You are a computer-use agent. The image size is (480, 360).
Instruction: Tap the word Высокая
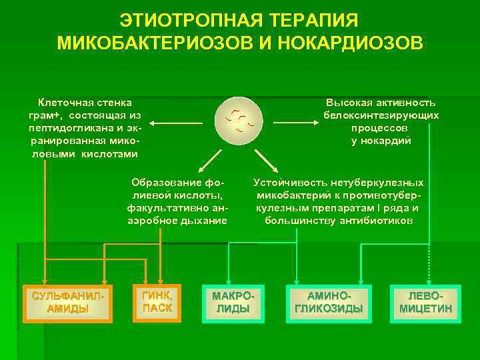(x=349, y=103)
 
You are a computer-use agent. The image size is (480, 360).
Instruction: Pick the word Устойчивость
(x=288, y=183)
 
